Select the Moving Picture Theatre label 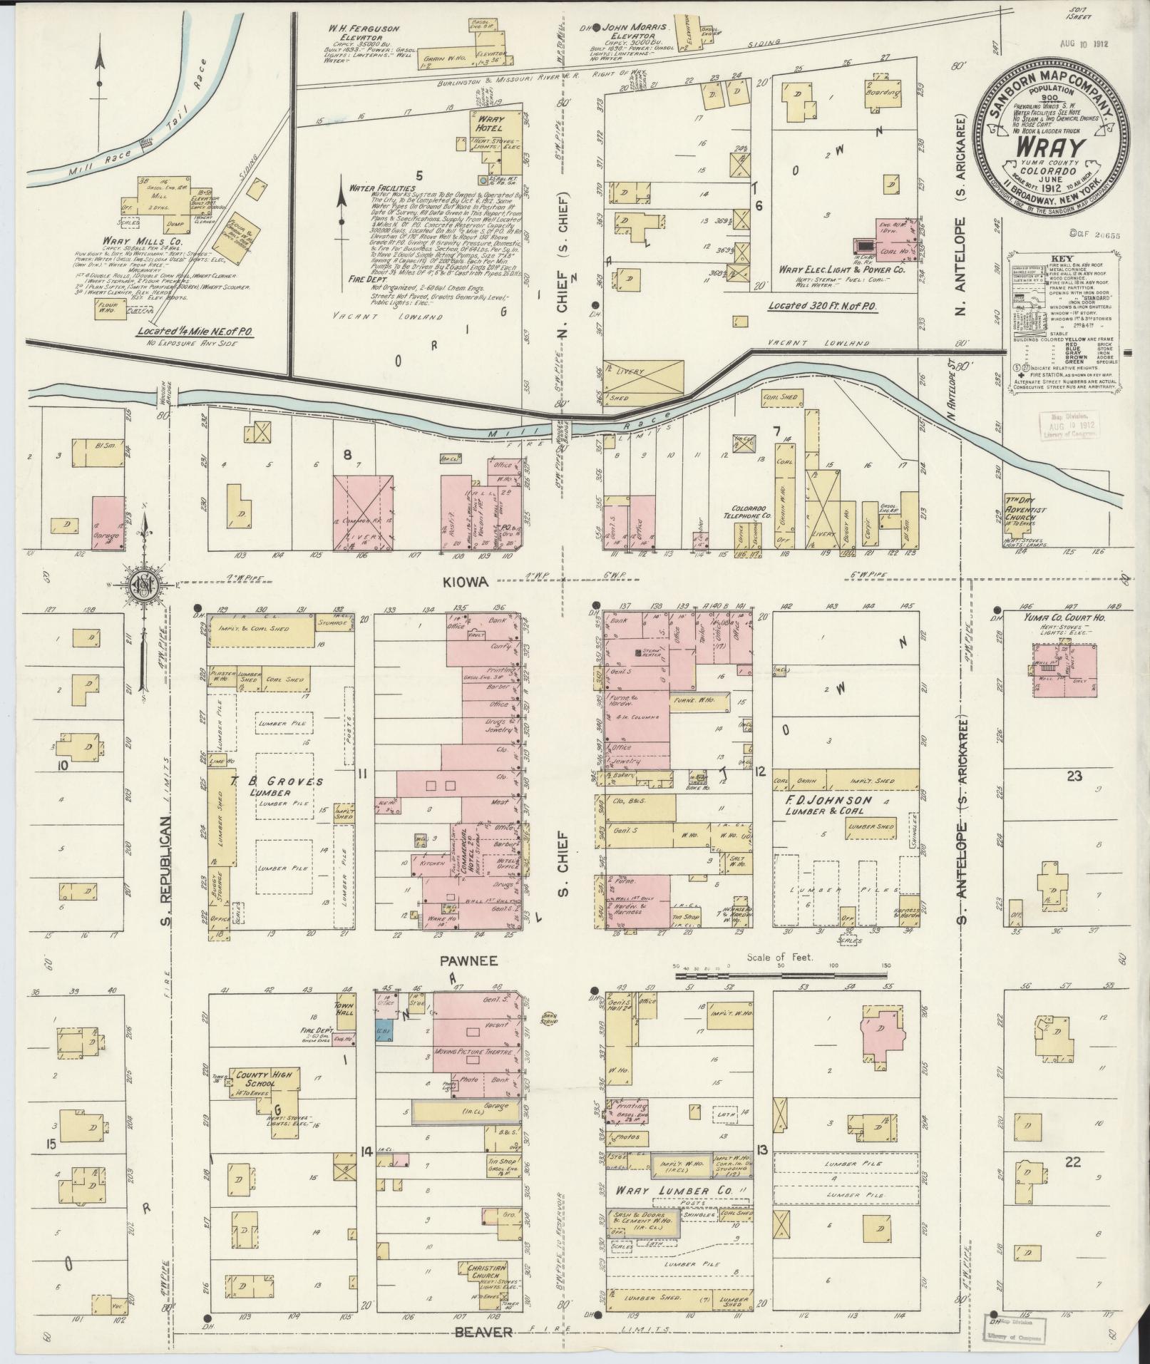click(477, 1052)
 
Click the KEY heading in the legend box click(1059, 260)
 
